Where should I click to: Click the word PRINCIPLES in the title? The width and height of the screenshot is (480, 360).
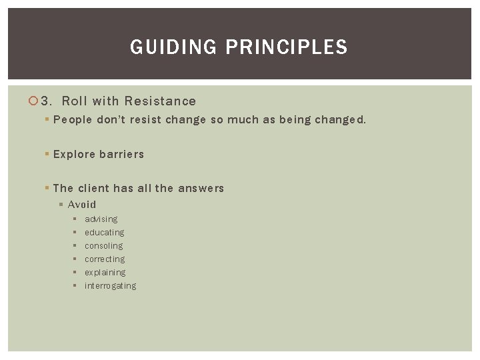coord(287,47)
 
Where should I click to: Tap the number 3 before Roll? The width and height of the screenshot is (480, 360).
coord(45,101)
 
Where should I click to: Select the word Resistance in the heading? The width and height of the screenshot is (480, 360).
coord(160,101)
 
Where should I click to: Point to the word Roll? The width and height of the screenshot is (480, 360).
coord(75,101)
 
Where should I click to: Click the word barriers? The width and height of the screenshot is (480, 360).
coord(121,154)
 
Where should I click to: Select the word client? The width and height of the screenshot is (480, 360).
coord(94,188)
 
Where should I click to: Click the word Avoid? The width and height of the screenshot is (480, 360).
coord(82,205)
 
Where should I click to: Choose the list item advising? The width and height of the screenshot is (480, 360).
coord(101,219)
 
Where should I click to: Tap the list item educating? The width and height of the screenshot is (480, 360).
coord(104,233)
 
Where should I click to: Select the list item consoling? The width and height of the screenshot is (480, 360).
coord(103,246)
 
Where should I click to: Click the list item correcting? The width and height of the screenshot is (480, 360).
coord(105,259)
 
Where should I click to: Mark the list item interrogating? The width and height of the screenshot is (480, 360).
coord(110,286)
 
